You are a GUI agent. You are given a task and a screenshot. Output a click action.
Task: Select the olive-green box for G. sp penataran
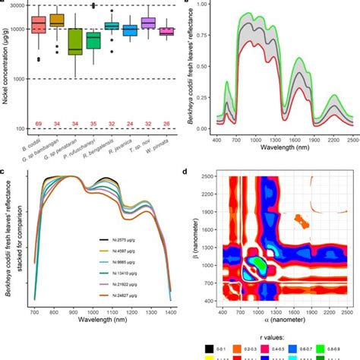tap(75, 42)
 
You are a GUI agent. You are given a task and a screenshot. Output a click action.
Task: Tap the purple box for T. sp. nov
tap(148, 24)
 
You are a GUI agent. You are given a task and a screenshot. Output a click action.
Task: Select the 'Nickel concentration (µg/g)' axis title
tap(5, 68)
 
